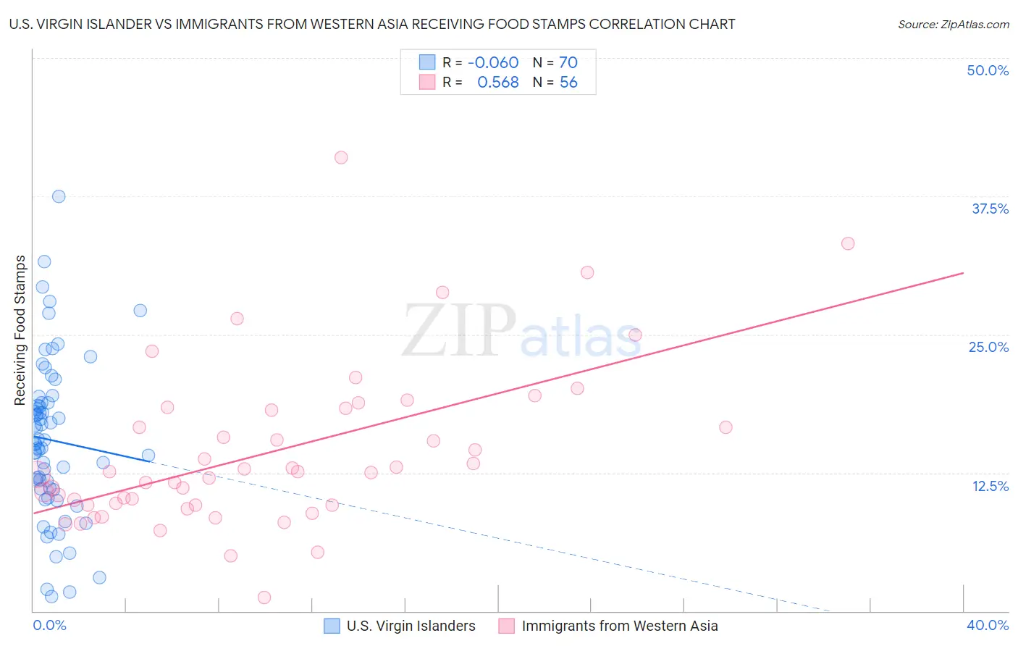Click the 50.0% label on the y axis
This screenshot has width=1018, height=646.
point(988,70)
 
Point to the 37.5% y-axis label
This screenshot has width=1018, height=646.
point(990,209)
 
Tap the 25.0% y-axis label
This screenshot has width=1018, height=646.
point(988,347)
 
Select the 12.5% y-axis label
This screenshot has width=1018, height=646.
point(990,486)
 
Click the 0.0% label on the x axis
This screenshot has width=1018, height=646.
point(49,625)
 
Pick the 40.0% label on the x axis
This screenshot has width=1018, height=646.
point(987,625)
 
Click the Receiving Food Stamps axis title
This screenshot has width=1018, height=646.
point(20,330)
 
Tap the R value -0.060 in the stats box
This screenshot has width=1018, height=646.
point(493,63)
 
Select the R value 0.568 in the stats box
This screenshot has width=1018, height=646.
point(497,83)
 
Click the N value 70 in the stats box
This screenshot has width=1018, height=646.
point(568,63)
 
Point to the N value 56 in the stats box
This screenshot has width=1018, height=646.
point(568,83)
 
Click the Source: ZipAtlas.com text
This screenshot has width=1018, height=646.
point(953,25)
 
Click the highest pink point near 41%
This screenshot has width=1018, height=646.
point(341,157)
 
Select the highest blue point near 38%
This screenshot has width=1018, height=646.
point(59,196)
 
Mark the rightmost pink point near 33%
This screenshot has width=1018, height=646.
point(848,243)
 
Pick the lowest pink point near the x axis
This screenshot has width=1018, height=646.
point(264,597)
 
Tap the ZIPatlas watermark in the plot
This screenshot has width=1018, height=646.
point(521,331)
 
